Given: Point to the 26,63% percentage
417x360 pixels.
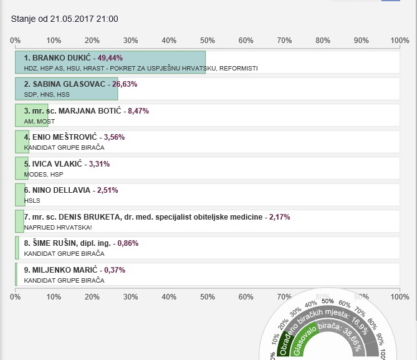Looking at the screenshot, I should click(x=124, y=84).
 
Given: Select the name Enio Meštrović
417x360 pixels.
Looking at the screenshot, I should click(x=57, y=137).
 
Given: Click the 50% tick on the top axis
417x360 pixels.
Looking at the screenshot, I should click(x=207, y=41).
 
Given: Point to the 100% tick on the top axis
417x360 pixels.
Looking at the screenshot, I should click(x=400, y=41).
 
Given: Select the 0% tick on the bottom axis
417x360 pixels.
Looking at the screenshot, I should click(x=15, y=296).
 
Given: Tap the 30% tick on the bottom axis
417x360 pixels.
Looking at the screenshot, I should click(x=130, y=296).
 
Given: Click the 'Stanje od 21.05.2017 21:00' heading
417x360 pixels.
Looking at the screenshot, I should click(x=65, y=19).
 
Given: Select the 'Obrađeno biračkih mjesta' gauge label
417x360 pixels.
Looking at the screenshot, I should click(x=315, y=324).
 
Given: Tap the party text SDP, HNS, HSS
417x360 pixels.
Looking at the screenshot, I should click(x=47, y=95).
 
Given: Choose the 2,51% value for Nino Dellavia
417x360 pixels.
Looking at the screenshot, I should click(x=107, y=190).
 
